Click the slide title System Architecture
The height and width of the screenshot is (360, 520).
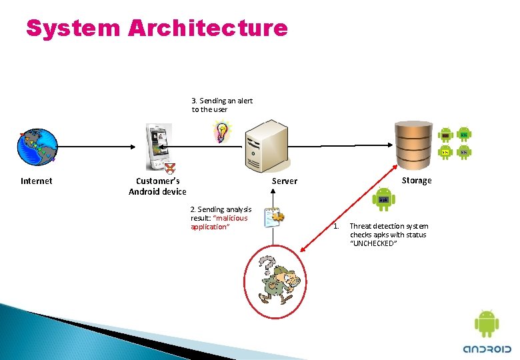tap(157, 28)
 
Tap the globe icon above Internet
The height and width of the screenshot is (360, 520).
tap(37, 147)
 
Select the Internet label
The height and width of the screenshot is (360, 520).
tap(37, 181)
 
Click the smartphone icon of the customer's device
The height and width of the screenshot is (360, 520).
tap(158, 147)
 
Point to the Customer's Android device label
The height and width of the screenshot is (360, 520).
tap(157, 186)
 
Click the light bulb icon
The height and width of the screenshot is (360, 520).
tap(220, 132)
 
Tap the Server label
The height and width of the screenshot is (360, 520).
tap(285, 181)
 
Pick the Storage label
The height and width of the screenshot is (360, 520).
tap(417, 181)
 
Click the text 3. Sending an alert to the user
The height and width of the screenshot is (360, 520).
tap(222, 105)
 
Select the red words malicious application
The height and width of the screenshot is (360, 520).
tap(219, 223)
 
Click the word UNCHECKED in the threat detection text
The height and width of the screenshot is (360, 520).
tap(373, 244)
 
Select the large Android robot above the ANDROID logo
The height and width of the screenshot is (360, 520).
tap(486, 323)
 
